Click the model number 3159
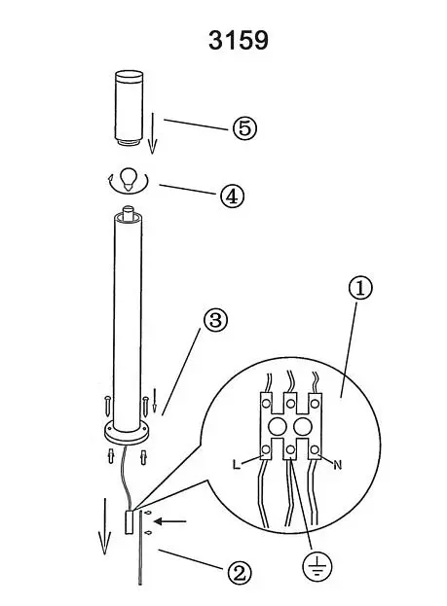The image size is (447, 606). tap(238, 40)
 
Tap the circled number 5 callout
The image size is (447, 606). tap(244, 128)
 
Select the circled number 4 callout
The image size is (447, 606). tap(232, 196)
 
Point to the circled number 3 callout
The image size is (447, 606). tap(215, 320)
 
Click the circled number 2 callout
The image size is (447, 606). tap(239, 574)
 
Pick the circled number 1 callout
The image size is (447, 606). tap(360, 288)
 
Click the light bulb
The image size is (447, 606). tap(128, 179)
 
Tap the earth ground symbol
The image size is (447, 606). tap(317, 566)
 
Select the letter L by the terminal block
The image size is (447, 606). tap(237, 464)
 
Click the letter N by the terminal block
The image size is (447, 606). tap(338, 465)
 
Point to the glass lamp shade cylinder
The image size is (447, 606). tap(129, 108)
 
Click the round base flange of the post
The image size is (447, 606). tap(127, 433)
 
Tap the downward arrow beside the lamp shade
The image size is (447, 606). tap(152, 132)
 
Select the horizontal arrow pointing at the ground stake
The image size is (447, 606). tap(169, 521)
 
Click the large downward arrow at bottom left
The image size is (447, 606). tap(104, 526)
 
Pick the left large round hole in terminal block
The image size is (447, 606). tap(277, 427)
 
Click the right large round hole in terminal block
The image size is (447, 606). tap(303, 427)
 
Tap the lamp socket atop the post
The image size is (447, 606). tap(128, 214)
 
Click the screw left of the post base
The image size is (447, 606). tap(107, 406)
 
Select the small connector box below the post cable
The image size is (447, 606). tap(129, 522)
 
